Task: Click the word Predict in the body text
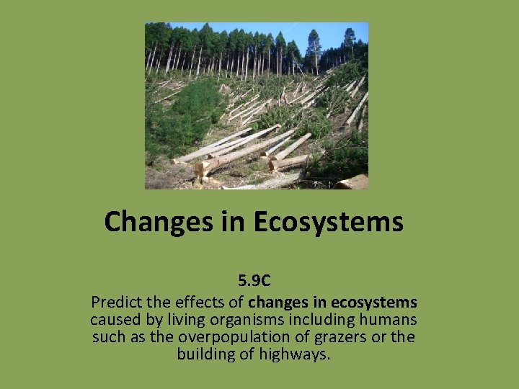point(117,300)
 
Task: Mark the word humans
point(389,318)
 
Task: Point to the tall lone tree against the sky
point(314,43)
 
